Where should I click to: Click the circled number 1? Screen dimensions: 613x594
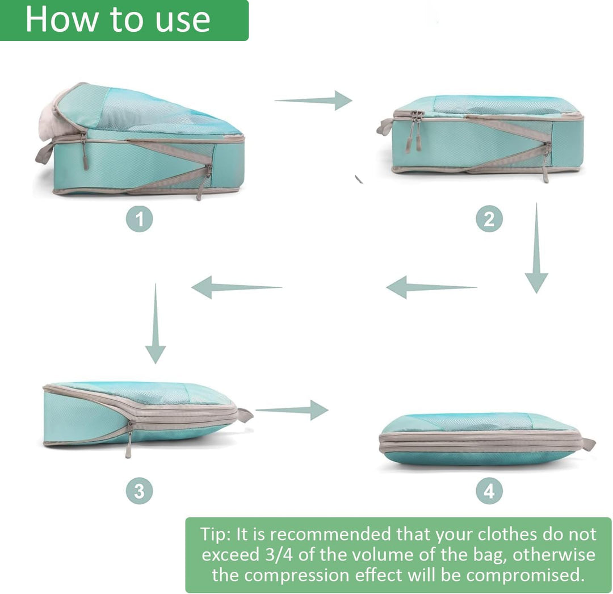(x=140, y=219)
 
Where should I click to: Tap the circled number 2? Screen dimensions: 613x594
(x=489, y=219)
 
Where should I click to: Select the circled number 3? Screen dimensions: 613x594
(x=140, y=491)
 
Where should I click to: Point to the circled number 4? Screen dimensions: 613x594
(x=489, y=491)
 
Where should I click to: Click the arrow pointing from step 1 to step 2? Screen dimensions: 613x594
(x=313, y=101)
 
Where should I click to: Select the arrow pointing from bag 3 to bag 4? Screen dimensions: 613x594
(x=292, y=410)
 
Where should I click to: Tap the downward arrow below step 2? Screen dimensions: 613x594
(x=536, y=248)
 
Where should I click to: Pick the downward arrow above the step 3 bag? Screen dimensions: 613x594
(x=156, y=323)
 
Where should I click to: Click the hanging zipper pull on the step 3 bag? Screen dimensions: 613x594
(x=129, y=440)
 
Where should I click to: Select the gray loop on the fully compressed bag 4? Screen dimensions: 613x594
(x=587, y=444)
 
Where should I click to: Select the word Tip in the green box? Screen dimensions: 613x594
(x=214, y=534)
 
